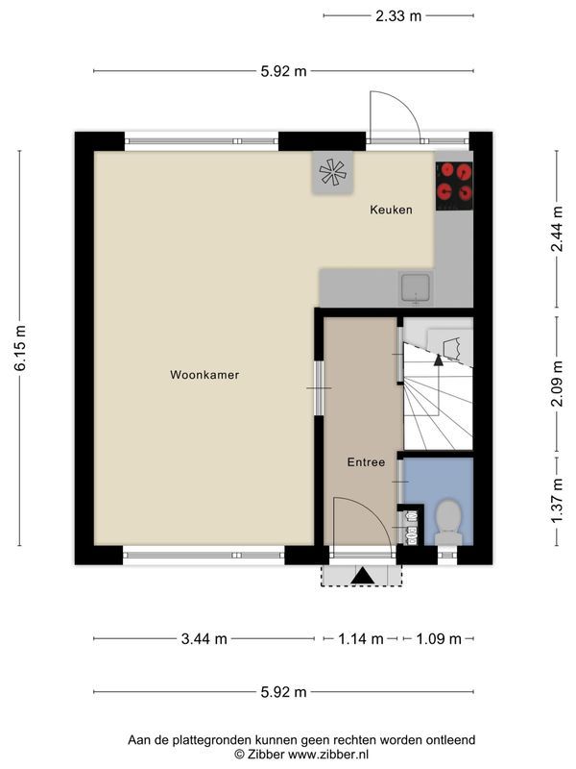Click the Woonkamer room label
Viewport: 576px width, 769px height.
click(204, 375)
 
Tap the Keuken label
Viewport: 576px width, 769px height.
click(391, 210)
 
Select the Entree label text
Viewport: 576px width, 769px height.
click(366, 462)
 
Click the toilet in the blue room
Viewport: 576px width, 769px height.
click(448, 522)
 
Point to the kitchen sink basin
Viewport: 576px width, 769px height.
click(416, 287)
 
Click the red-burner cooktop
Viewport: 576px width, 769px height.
click(454, 186)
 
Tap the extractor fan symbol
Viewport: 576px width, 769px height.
click(332, 172)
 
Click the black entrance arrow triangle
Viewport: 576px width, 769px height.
click(363, 576)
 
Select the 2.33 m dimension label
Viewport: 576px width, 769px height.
click(398, 16)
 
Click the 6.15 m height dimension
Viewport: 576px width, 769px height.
click(20, 348)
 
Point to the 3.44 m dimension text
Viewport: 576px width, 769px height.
click(204, 638)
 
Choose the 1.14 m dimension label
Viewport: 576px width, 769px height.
click(361, 638)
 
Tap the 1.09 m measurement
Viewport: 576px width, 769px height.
click(439, 638)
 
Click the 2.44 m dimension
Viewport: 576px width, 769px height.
click(558, 229)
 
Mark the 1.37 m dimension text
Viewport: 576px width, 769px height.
click(558, 501)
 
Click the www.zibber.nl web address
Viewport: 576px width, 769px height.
click(328, 754)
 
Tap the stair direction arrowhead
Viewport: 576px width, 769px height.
click(439, 360)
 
